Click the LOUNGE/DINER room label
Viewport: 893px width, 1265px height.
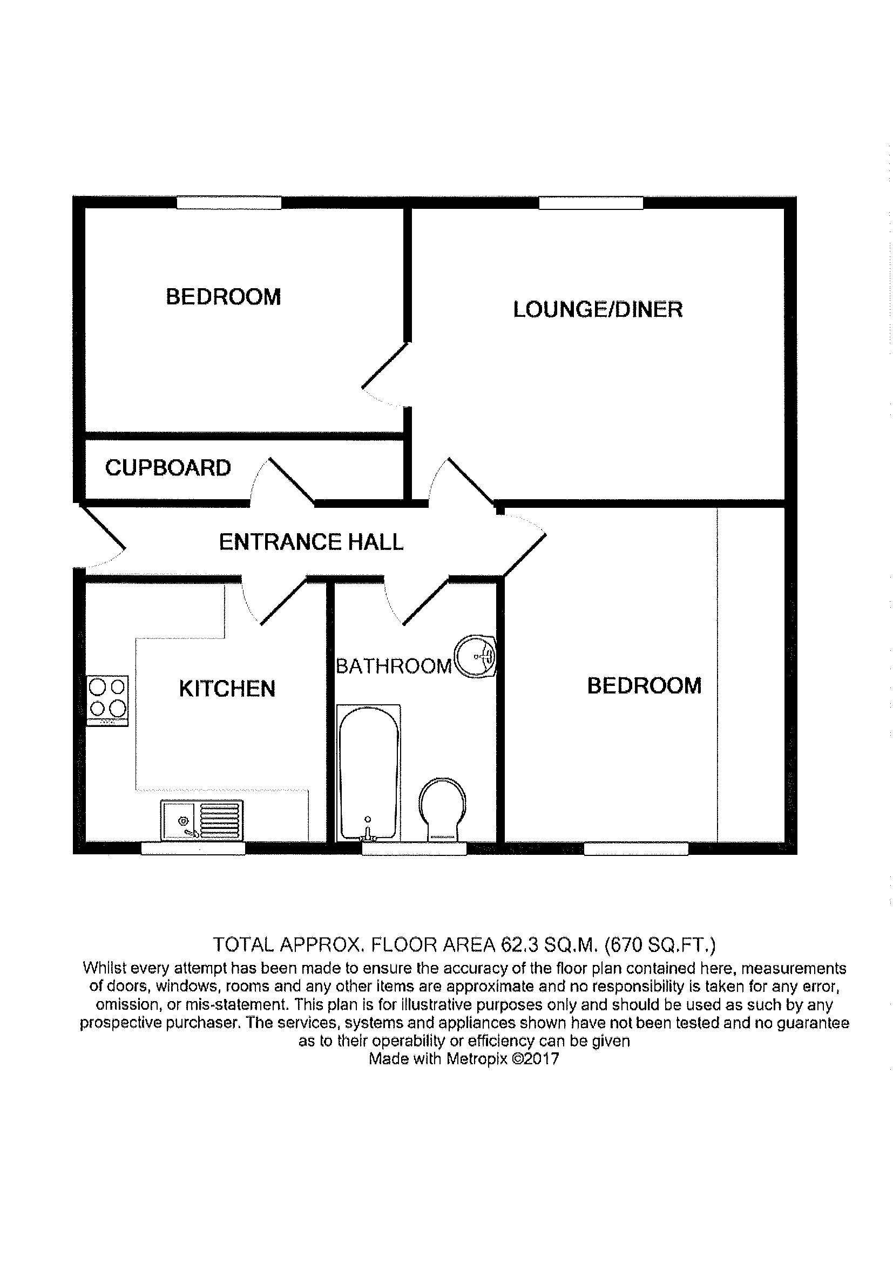pos(598,310)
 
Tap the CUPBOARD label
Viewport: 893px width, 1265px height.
pos(168,468)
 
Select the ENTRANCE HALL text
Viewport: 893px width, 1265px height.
pos(311,542)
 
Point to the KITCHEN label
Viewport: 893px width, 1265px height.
pos(227,689)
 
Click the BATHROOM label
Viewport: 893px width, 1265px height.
pos(394,666)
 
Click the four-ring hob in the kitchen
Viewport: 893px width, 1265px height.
pos(108,700)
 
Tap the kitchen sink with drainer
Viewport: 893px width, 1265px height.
pos(202,821)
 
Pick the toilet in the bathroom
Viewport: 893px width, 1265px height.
pos(442,809)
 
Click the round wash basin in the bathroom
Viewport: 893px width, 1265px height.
pos(475,657)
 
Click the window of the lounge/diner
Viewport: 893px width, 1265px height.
pos(591,203)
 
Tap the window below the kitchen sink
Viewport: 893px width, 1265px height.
pos(193,848)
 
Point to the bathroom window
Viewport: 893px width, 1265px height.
pos(414,848)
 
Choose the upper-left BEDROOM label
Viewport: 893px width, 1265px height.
pos(224,297)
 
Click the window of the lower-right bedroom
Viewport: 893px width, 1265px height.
pos(635,848)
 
